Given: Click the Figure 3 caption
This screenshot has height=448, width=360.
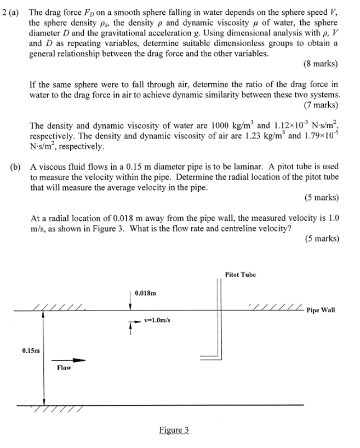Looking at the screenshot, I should pyautogui.click(x=174, y=430).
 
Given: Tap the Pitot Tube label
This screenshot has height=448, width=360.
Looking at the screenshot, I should pyautogui.click(x=240, y=274).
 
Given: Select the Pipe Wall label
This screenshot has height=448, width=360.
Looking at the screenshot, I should pyautogui.click(x=321, y=310).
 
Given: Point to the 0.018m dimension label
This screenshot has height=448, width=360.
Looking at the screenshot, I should pyautogui.click(x=145, y=294).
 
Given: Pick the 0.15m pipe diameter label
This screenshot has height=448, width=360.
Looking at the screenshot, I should pyautogui.click(x=31, y=349).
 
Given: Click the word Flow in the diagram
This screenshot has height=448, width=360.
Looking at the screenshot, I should pyautogui.click(x=64, y=368).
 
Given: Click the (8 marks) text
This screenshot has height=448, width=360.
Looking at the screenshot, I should pyautogui.click(x=320, y=64).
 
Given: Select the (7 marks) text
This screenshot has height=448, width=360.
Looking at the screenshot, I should pyautogui.click(x=320, y=105).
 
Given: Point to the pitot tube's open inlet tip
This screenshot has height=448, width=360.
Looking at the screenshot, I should pyautogui.click(x=202, y=357).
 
